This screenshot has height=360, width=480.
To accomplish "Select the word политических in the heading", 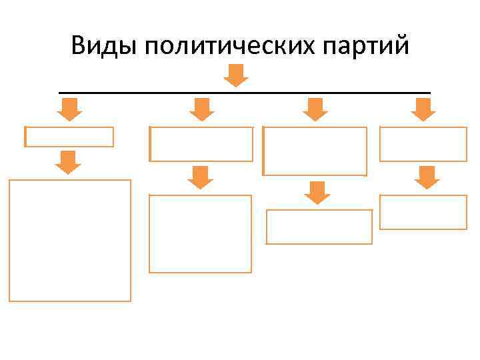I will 227,46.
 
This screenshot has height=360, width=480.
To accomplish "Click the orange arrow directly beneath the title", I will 235,75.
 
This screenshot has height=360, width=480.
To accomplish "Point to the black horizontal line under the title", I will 245,92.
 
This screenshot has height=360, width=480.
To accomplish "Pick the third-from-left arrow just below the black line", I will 315,109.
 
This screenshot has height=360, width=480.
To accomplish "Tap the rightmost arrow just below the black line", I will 423,109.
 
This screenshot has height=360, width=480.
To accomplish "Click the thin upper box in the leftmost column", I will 69,137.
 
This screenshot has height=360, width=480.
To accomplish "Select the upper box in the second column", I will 202,144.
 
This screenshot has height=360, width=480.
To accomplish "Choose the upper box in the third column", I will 315,151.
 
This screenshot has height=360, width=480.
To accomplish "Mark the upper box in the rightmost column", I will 423,144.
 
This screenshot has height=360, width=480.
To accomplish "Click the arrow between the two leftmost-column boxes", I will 68,162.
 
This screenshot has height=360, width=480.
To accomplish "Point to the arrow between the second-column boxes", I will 200,177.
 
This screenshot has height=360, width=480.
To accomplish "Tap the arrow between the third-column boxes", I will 317,192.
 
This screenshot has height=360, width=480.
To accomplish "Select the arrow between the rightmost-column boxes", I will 427,177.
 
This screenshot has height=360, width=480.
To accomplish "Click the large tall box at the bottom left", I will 70,241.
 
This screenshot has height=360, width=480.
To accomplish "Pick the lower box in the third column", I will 319,227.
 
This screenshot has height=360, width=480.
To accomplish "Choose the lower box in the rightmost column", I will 423,212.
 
